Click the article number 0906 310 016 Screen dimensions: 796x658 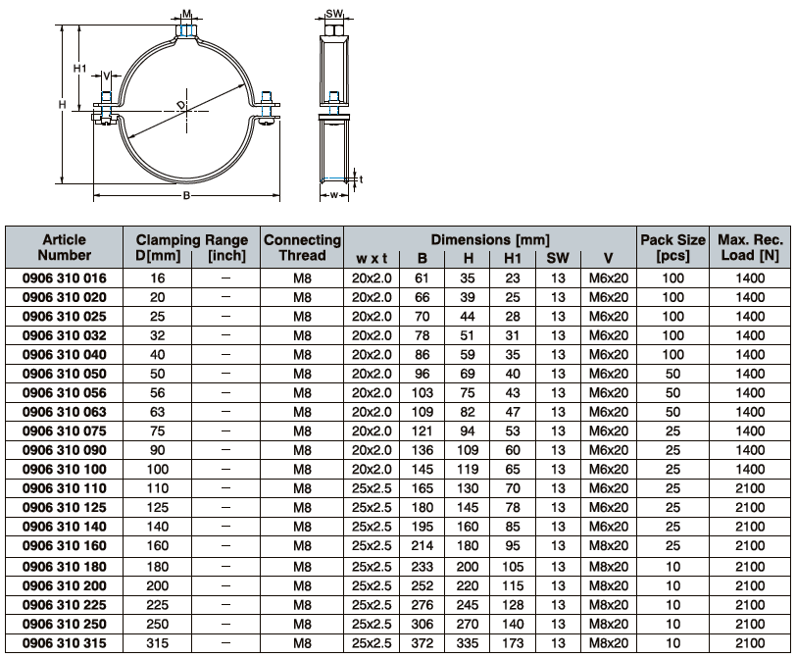tap(65, 278)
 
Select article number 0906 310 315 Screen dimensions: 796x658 tap(65, 643)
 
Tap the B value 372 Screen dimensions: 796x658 tap(422, 643)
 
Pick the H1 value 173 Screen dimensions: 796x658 tap(513, 643)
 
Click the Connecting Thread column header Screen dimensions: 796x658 tap(302, 247)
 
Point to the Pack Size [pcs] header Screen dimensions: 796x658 tap(672, 247)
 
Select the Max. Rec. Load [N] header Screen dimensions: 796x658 tap(750, 247)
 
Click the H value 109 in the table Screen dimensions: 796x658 tap(468, 450)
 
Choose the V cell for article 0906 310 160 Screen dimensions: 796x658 tap(609, 546)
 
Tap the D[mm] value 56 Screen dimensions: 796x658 tap(158, 393)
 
